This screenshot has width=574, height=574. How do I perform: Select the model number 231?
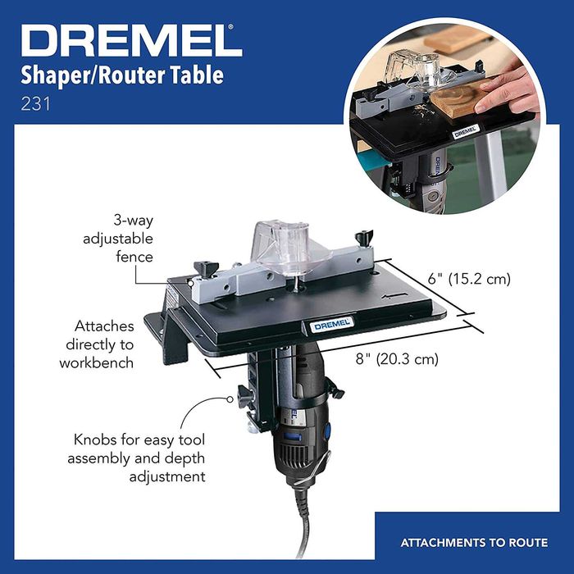(34, 104)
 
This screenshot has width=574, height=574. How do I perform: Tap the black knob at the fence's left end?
(202, 269)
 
